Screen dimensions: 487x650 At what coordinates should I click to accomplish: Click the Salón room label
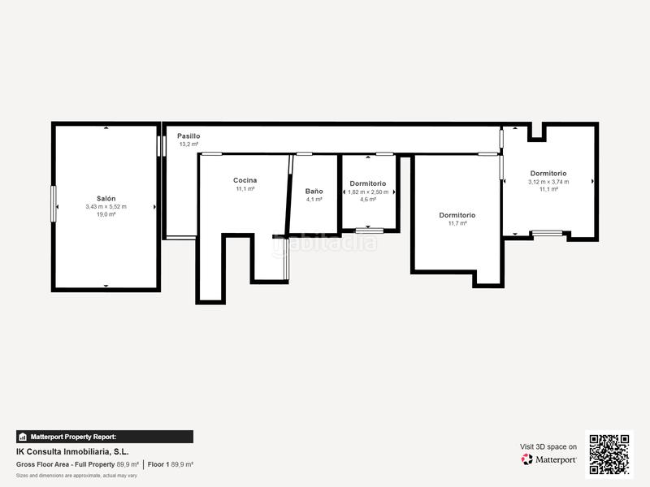[x=106, y=199]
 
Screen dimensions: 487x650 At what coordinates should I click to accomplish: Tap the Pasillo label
[x=188, y=136]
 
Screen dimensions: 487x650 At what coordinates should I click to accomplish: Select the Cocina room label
[x=245, y=180]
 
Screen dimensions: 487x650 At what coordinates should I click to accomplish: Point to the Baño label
[x=314, y=192]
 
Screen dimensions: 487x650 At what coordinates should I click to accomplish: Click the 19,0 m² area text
[x=106, y=214]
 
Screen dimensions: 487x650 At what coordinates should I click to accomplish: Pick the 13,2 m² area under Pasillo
[x=188, y=144]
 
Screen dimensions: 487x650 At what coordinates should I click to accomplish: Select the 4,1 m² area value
[x=314, y=200]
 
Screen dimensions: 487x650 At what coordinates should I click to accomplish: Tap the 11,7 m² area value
[x=457, y=223]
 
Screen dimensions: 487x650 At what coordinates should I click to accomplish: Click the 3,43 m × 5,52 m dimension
[x=106, y=207]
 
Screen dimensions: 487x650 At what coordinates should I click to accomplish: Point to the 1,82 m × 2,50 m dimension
[x=368, y=192]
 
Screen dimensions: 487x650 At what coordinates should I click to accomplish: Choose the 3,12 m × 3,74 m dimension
[x=548, y=182]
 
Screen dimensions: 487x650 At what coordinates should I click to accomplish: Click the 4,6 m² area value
[x=368, y=199]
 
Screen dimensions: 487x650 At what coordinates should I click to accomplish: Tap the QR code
[x=609, y=455]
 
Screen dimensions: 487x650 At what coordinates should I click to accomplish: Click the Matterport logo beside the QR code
[x=549, y=459]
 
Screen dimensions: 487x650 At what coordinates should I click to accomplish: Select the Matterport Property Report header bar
[x=105, y=437]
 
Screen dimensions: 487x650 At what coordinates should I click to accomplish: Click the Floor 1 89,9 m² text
[x=170, y=465]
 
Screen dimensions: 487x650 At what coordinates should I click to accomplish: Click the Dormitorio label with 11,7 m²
[x=457, y=215]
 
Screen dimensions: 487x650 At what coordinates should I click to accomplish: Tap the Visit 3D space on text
[x=548, y=446]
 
